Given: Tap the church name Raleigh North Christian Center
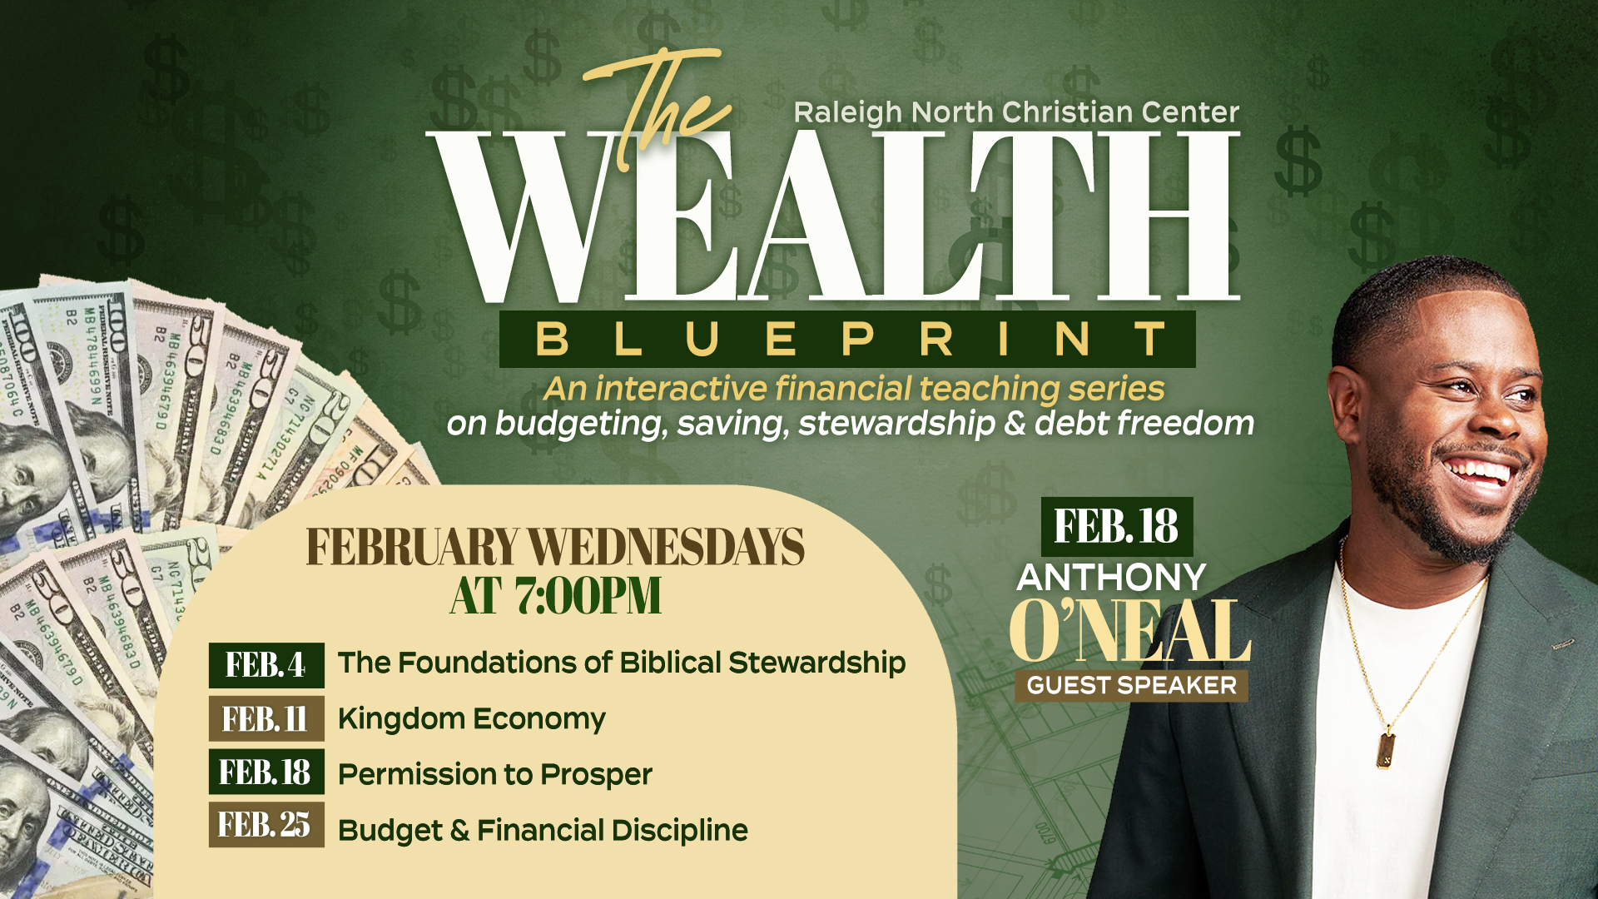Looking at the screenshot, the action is point(1016,112).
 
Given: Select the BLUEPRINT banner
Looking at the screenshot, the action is point(847,340).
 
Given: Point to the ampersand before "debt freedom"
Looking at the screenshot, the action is point(1015,423).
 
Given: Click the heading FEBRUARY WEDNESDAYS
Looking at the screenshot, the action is point(555,547).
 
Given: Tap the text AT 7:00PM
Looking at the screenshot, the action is point(556,596).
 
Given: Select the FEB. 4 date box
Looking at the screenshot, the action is point(266,665).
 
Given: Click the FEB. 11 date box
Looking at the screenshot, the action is point(266,718).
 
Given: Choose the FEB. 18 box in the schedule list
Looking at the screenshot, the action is point(266,772).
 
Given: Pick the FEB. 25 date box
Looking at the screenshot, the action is point(266,825).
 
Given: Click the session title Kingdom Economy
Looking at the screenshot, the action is point(472,719).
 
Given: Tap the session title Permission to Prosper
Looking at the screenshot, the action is point(495,775).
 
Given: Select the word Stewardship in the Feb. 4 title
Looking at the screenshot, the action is point(817,663).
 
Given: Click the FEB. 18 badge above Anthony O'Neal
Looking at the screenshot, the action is point(1117,527).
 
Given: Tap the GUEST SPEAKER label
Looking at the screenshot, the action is point(1132,686).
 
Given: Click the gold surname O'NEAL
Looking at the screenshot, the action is point(1131,630).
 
